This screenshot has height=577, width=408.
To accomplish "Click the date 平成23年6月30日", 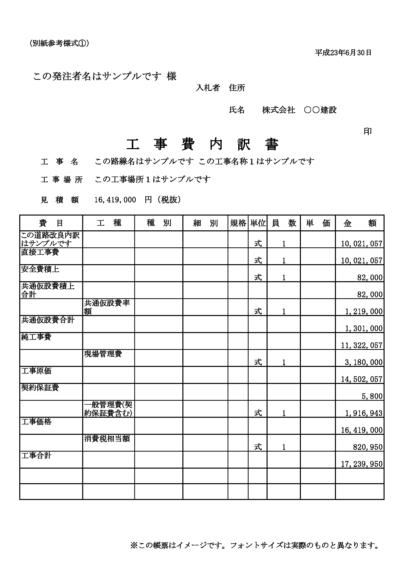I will [x=343, y=53].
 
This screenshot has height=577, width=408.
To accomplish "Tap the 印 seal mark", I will [x=368, y=131].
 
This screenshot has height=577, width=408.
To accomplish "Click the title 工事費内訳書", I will [x=202, y=145].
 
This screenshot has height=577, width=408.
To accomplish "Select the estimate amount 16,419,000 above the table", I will [x=115, y=200].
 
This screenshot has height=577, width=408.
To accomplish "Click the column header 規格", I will [x=238, y=223].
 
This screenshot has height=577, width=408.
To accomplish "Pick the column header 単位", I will [x=258, y=223].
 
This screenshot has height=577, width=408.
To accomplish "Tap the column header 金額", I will [x=360, y=223].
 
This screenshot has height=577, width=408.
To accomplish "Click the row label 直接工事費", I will [x=40, y=252].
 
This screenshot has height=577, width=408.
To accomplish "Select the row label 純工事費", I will [x=36, y=337].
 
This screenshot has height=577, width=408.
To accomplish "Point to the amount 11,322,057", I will [x=362, y=346].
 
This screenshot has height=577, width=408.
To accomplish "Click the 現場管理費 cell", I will [x=103, y=354].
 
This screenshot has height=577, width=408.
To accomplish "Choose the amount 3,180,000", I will [x=364, y=362].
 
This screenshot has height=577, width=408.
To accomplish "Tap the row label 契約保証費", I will [x=40, y=388].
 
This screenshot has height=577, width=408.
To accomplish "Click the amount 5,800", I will [x=372, y=396].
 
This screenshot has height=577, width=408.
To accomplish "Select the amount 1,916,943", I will [x=364, y=413].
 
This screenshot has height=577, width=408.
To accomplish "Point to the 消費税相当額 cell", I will [x=107, y=439].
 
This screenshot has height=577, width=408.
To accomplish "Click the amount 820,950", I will [x=368, y=447].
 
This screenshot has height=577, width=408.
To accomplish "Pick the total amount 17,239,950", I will [x=362, y=464].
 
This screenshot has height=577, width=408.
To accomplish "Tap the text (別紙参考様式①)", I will [x=59, y=43].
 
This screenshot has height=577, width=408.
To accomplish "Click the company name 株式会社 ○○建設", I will [x=299, y=110].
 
